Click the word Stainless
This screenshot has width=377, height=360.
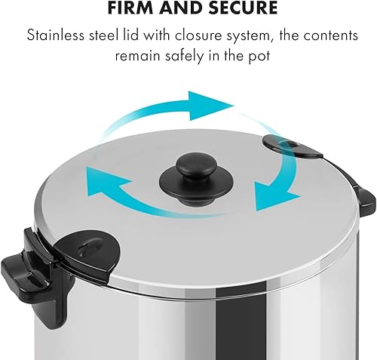click(x=56, y=35)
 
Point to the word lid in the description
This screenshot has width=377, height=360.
click(x=130, y=35)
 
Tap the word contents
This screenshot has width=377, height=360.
click(x=331, y=35)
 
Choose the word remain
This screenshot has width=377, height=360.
click(x=138, y=56)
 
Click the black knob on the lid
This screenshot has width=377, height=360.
click(x=196, y=178)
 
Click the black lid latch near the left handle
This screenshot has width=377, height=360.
click(x=88, y=254)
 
